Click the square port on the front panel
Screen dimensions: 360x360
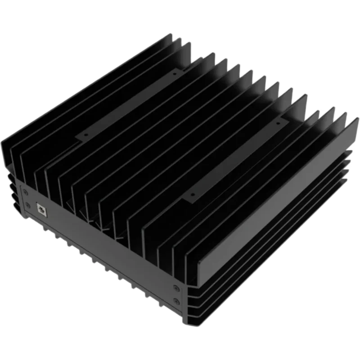point(41,209)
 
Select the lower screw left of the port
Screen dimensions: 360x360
point(24,207)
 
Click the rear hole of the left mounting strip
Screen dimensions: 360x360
point(174,72)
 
